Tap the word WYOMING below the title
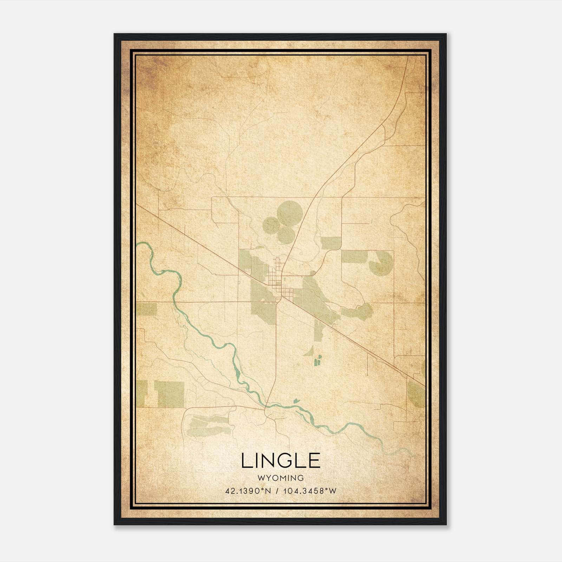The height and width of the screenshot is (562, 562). coord(281,478)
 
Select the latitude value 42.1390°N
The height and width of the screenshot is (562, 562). coord(248,491)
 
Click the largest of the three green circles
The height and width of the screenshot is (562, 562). coord(290,213)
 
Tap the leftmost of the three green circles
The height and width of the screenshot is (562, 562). coord(271,225)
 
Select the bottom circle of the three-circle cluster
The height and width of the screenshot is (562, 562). coord(286,235)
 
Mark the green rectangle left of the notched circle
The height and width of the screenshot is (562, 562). coord(354,256)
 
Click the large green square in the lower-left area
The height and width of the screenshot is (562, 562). coord(169,394)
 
